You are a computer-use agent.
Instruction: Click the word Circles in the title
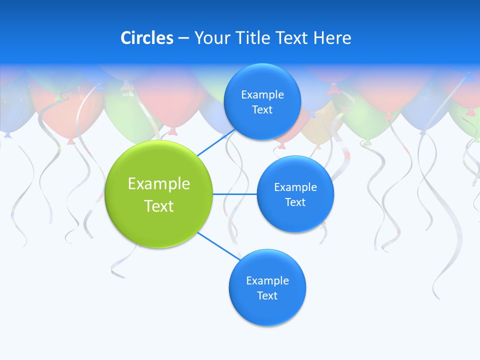pyautogui.click(x=146, y=38)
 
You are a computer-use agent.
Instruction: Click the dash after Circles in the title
pyautogui.click(x=183, y=38)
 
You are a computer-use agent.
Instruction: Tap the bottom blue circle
pyautogui.click(x=267, y=310)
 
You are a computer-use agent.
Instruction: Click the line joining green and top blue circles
pyautogui.click(x=216, y=142)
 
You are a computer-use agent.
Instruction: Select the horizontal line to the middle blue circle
pyautogui.click(x=235, y=194)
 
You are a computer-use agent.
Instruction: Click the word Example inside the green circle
pyautogui.click(x=159, y=184)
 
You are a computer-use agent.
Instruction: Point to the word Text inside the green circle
pyautogui.click(x=159, y=206)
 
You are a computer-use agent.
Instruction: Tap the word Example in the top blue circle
pyautogui.click(x=262, y=95)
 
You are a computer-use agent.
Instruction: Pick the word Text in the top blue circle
pyautogui.click(x=262, y=110)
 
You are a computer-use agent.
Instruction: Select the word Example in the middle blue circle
pyautogui.click(x=295, y=187)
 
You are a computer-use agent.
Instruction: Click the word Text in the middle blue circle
pyautogui.click(x=295, y=202)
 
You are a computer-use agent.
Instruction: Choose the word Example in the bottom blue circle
pyautogui.click(x=267, y=281)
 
